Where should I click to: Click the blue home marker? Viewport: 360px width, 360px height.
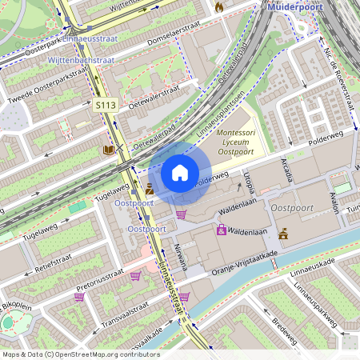click(x=180, y=172)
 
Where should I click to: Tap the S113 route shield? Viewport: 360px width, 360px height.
click(x=106, y=105)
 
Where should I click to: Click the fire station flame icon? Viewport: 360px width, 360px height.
click(x=219, y=6)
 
